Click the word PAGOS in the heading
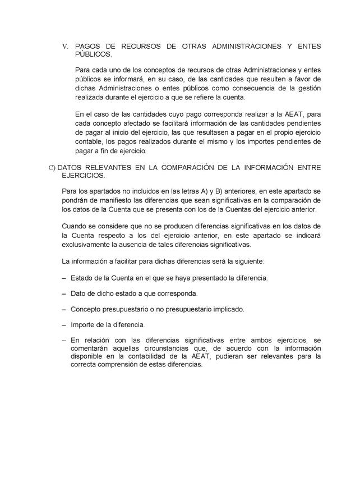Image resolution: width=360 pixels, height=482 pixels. click(87, 46)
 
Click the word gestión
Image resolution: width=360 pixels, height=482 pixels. click(308, 88)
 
